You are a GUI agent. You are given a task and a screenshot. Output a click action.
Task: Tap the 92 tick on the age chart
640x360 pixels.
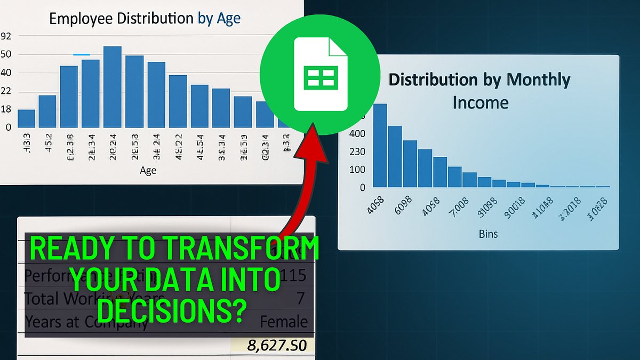coord(6,36)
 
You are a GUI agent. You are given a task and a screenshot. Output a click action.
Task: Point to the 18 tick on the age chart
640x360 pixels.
coord(6,109)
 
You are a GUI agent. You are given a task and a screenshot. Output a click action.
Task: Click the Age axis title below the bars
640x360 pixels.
coord(148,170)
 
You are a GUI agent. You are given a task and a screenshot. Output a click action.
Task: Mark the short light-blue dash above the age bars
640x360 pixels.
coord(81,54)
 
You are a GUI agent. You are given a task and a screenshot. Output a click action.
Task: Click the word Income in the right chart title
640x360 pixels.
coord(480,102)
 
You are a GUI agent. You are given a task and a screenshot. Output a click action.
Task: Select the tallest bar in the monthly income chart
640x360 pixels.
coord(380,145)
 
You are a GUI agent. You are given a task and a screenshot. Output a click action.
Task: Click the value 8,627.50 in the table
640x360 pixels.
coord(277,345)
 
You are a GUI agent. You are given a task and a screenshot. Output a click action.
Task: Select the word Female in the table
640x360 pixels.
coord(284,322)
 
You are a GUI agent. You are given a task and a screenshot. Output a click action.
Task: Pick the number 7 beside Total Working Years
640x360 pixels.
coord(300,298)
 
